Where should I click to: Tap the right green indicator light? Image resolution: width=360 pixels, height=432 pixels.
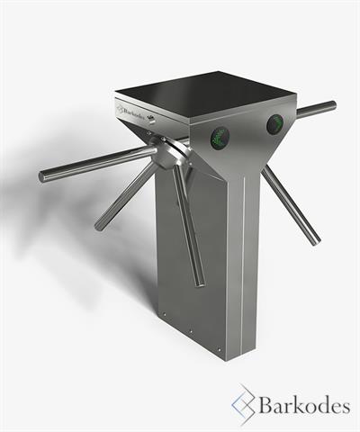pyautogui.click(x=275, y=123)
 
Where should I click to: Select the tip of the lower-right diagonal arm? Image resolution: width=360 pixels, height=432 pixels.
pyautogui.click(x=316, y=240)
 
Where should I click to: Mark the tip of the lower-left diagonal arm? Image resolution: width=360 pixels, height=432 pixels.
pyautogui.click(x=99, y=226)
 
